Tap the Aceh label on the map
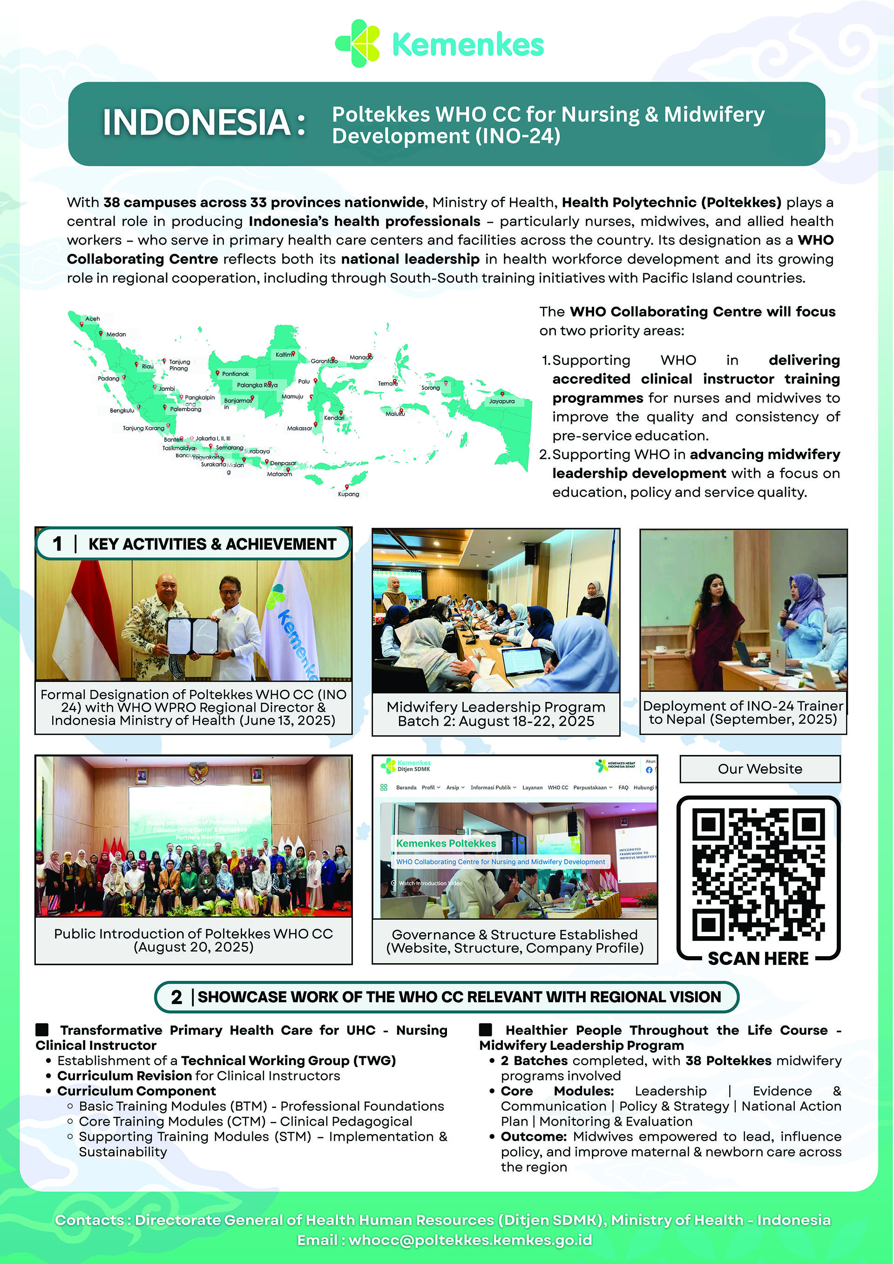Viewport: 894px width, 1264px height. coord(93,319)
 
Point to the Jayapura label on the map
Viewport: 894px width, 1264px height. coord(501,401)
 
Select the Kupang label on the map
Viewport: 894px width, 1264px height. coord(348,494)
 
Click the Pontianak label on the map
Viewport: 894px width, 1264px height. coord(235,374)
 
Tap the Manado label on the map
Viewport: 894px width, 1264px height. coord(360,357)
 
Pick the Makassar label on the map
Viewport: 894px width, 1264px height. coord(299,428)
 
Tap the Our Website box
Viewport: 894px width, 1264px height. coord(760,768)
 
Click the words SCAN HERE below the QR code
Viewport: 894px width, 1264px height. coord(758,958)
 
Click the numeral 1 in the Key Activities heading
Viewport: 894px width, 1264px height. coord(57,544)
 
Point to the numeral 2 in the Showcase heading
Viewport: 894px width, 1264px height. coord(176,997)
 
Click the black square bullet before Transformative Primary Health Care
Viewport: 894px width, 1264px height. coord(42,1029)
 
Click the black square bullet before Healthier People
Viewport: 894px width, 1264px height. coord(486,1029)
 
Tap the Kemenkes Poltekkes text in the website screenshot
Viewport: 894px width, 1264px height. coord(446,843)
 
